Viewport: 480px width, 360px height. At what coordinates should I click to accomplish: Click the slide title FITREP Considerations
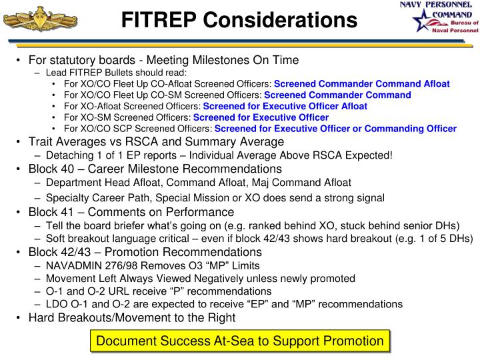point(239,21)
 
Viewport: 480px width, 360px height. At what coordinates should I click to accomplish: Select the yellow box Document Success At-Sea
point(240,341)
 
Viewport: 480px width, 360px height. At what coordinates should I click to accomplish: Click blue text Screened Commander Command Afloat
point(362,84)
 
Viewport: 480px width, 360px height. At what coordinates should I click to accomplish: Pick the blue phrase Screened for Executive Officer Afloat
point(285,106)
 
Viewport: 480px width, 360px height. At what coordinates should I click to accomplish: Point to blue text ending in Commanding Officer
point(335,129)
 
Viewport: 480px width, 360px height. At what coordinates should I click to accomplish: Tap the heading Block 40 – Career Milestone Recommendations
point(155,169)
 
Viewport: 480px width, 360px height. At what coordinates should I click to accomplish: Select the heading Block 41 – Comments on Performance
point(131,212)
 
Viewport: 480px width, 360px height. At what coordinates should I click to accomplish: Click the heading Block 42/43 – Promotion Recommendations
point(145,252)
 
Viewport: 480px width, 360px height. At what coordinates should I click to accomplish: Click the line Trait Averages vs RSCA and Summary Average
point(156,142)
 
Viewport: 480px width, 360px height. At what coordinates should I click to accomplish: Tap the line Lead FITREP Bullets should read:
point(117,72)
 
